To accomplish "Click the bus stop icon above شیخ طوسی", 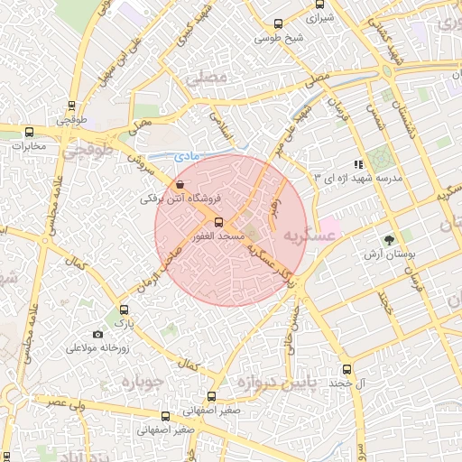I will coord(279,25).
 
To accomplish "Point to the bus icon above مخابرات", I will coord(30,132).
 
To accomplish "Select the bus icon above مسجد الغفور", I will coord(218,222).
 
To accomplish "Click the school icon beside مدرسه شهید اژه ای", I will coord(358,165).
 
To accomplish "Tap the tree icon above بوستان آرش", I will coord(389,241).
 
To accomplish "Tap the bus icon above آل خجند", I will coord(347,368).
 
